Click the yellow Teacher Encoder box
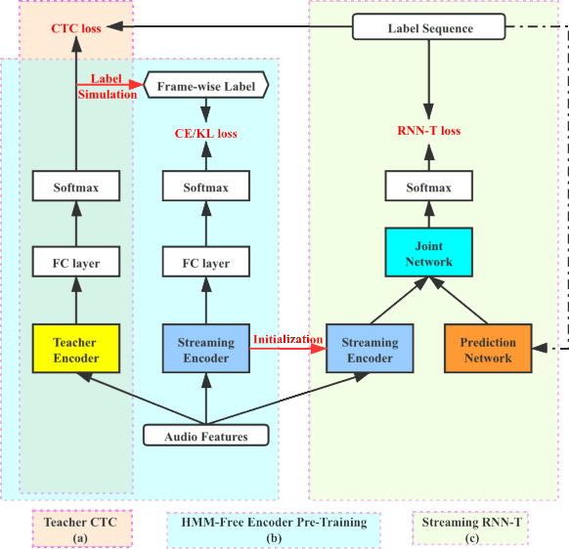coord(76,350)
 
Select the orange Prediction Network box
coord(488,350)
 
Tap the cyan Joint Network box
coord(428,253)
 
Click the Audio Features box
coord(205,436)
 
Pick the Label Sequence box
coord(430,28)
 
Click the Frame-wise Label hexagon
coord(205,87)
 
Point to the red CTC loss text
coord(76,28)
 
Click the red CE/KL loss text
coord(205,134)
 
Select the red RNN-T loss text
coord(428,131)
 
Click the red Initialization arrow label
coord(288,340)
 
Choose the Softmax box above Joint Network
coord(428,188)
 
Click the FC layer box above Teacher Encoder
coord(76,263)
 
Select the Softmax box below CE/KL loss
coord(205,188)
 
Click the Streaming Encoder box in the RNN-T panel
coord(370,350)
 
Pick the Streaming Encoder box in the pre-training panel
coord(205,350)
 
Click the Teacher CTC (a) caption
coord(80,528)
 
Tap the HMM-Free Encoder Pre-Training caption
coord(274,528)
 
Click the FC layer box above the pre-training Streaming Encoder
coord(205,263)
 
